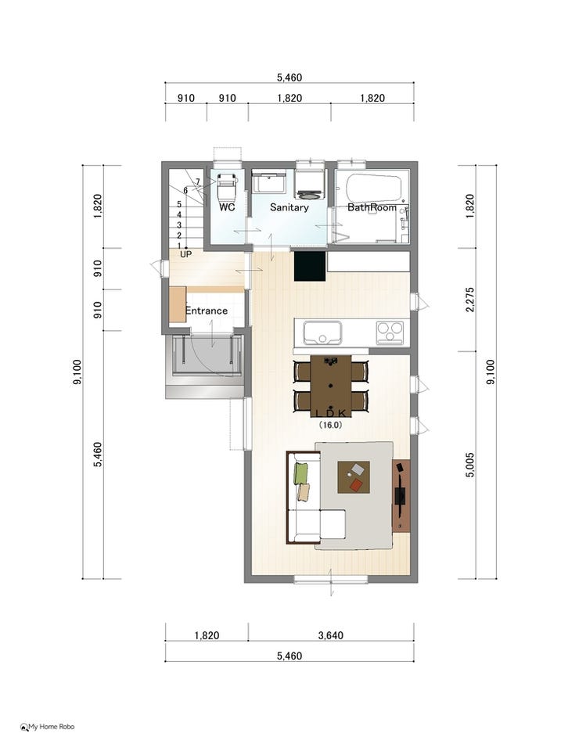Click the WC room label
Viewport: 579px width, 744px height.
pos(227,207)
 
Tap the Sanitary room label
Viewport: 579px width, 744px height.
pos(289,207)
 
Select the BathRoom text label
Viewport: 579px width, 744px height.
pos(372,207)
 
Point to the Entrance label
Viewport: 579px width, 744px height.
pos(207,311)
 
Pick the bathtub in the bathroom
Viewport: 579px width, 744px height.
pos(374,189)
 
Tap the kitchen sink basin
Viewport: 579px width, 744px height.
pos(322,332)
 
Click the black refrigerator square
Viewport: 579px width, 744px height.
pos(310,266)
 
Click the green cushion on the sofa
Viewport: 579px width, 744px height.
pos(300,473)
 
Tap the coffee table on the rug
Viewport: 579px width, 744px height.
pos(354,477)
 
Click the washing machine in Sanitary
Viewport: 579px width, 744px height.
pos(310,184)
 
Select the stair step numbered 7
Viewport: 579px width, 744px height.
pos(198,182)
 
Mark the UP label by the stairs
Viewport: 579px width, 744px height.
pos(186,254)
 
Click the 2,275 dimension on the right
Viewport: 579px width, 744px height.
pos(469,300)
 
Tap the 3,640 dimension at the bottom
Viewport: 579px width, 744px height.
pos(331,635)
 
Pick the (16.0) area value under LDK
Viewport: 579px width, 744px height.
pos(330,425)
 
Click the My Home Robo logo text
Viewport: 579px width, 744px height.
pos(52,727)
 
